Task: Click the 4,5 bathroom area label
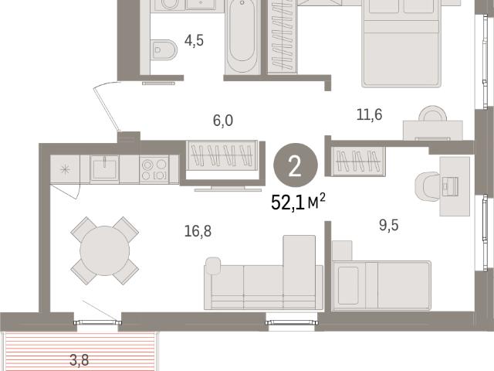(194, 41)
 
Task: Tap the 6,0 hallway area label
(223, 121)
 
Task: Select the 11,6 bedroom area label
(369, 114)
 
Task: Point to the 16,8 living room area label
(198, 231)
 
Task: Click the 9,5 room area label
(389, 225)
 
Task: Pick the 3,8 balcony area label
(79, 360)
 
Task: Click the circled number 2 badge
(295, 165)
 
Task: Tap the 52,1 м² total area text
(298, 203)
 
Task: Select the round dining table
(105, 250)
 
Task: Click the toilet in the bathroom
(164, 49)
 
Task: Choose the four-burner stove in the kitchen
(154, 169)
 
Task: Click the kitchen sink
(104, 168)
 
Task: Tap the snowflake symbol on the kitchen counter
(65, 170)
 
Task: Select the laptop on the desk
(450, 186)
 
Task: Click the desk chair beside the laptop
(428, 186)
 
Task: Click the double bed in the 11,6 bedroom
(401, 43)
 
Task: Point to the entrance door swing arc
(106, 105)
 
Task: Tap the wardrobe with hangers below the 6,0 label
(222, 155)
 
